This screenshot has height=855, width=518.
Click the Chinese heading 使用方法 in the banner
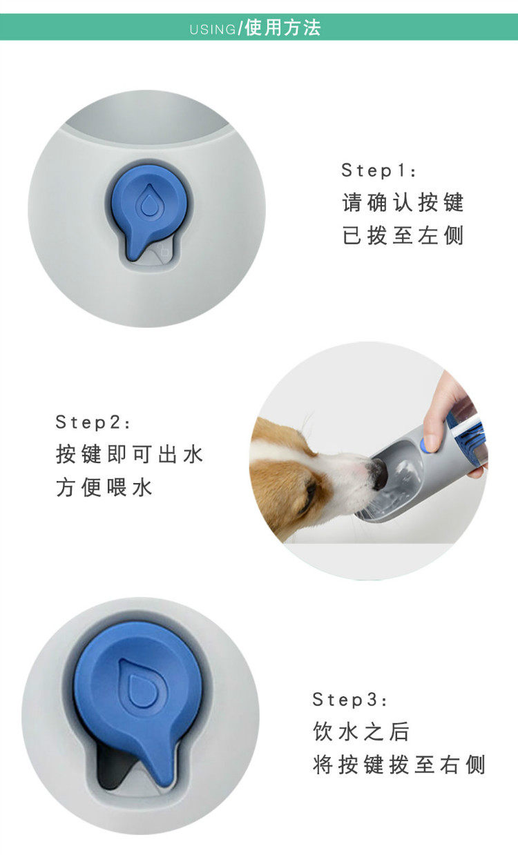pyautogui.click(x=282, y=28)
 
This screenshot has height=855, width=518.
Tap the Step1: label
pyautogui.click(x=378, y=170)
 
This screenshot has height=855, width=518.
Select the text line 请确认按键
pyautogui.click(x=403, y=202)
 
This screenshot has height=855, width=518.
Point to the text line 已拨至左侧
pyautogui.click(x=403, y=235)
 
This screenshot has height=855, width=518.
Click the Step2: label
pyautogui.click(x=93, y=422)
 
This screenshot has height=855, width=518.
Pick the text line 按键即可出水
pyautogui.click(x=129, y=454)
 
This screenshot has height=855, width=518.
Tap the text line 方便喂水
pyautogui.click(x=104, y=487)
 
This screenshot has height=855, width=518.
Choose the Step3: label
pyautogui.click(x=349, y=700)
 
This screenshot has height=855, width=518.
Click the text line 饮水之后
pyautogui.click(x=361, y=731)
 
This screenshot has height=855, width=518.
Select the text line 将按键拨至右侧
pyautogui.click(x=399, y=765)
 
